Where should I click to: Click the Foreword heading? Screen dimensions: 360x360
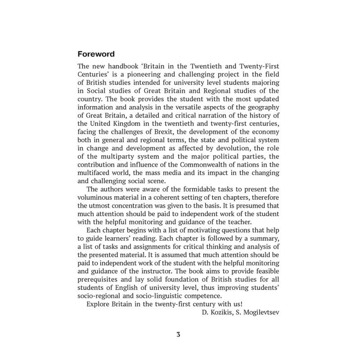coord(96,54)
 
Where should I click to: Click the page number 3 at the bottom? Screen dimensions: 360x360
coord(179,335)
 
